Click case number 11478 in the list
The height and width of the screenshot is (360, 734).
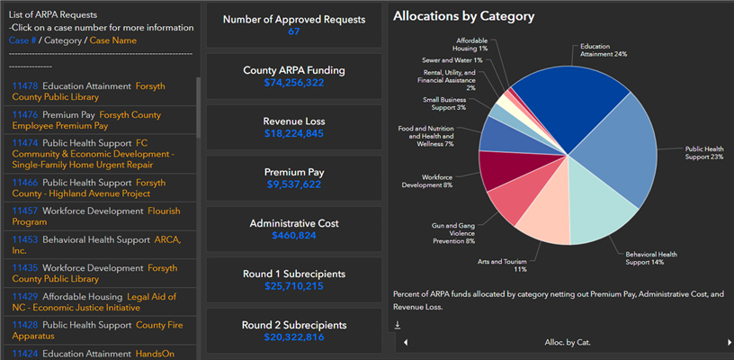pyautogui.click(x=24, y=86)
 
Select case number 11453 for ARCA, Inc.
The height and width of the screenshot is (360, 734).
pyautogui.click(x=24, y=240)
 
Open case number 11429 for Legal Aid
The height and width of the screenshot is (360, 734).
pyautogui.click(x=24, y=296)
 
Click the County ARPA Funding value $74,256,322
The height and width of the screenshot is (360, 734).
pyautogui.click(x=294, y=83)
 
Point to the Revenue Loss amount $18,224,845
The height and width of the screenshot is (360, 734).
pyautogui.click(x=294, y=133)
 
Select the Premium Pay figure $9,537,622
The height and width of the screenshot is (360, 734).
pyautogui.click(x=294, y=184)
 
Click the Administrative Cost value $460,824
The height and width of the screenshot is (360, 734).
pyautogui.click(x=294, y=236)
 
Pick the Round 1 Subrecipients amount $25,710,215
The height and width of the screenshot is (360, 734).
pyautogui.click(x=294, y=287)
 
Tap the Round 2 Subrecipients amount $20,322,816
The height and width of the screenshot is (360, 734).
pyautogui.click(x=294, y=337)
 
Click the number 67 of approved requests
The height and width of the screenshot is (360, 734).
pyautogui.click(x=294, y=31)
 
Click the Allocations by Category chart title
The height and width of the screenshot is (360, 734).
pyautogui.click(x=463, y=16)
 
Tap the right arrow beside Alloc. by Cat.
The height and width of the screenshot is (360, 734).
pyautogui.click(x=729, y=342)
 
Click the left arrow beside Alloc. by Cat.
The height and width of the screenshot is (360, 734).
pyautogui.click(x=405, y=342)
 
